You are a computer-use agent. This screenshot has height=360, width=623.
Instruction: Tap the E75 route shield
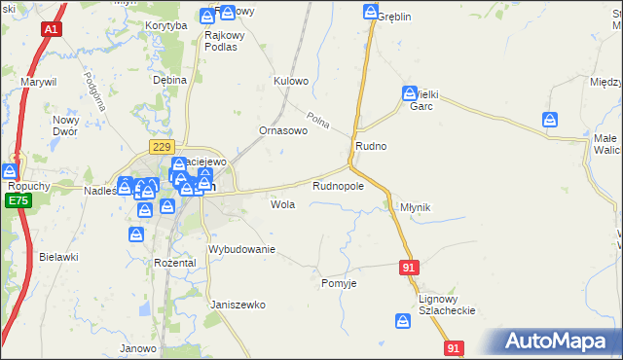pos(16,200)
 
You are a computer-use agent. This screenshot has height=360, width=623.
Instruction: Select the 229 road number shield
pos(161,146)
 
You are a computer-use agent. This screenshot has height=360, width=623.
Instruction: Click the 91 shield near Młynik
pos(410,267)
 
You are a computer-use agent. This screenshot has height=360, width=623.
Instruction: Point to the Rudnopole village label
pos(338,186)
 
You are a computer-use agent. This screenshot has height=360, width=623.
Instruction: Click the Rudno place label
pos(371,146)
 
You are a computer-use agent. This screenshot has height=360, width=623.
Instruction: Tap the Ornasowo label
pos(282,129)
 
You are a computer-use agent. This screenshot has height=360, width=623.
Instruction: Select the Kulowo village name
pos(291,81)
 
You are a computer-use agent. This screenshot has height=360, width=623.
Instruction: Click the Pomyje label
pos(339,283)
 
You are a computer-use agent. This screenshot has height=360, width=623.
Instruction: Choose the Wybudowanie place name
pos(242,250)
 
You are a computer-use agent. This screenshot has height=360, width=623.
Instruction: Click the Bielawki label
pos(58,257)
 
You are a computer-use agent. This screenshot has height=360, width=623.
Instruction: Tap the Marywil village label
pos(42,83)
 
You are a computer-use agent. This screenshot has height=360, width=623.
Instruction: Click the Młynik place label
pos(415,208)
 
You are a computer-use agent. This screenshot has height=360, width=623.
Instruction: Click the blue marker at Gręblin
pos(372,12)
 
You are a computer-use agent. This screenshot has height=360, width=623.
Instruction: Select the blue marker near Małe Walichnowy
pos(550,120)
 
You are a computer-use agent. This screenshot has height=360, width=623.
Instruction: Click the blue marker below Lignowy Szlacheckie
pos(403,320)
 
